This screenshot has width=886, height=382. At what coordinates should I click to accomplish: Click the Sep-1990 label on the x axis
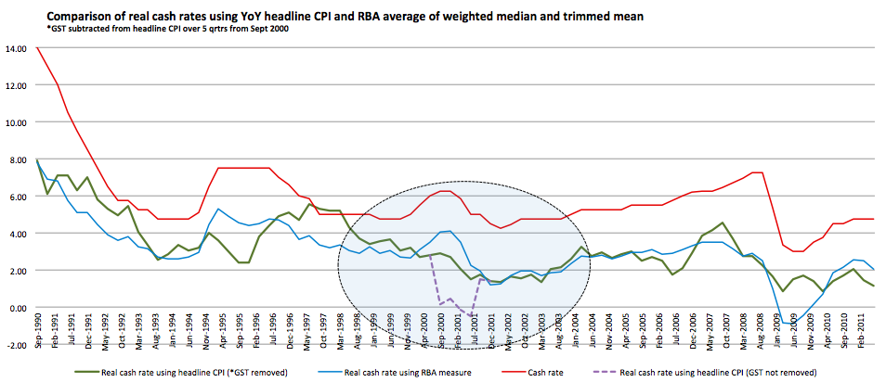(x=37, y=363)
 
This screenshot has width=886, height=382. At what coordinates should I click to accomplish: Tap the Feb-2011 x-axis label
(x=863, y=363)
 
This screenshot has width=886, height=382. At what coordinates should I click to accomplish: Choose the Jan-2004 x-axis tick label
(x=582, y=363)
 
